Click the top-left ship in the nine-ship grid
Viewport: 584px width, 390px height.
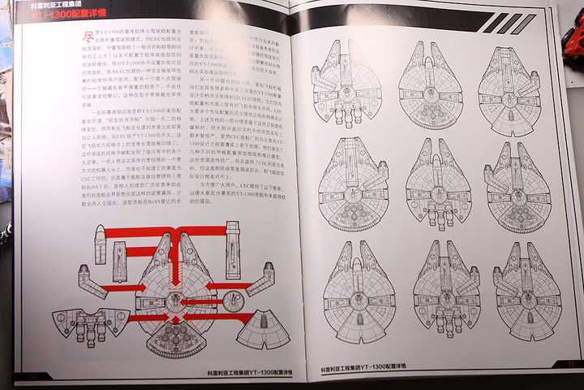(346, 85)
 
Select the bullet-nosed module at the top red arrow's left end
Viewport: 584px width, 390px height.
(100, 244)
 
